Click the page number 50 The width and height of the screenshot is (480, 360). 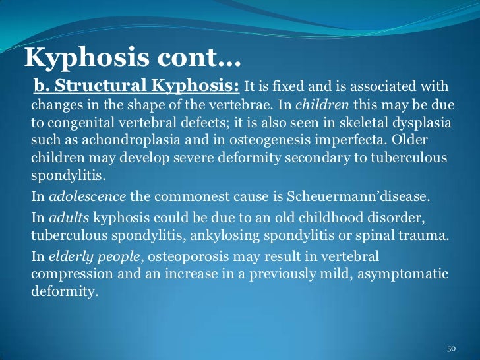(x=452, y=348)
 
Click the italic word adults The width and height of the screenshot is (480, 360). (x=69, y=218)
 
